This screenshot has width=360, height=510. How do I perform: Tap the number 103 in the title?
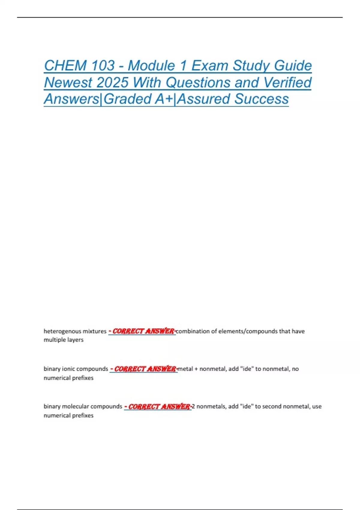coord(103,66)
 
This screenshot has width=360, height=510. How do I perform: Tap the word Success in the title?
coord(262,99)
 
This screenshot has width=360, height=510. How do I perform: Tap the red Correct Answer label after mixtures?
coord(142,331)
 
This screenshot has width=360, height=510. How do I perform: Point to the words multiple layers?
coord(64,340)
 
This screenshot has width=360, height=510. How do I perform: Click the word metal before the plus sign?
coord(186,369)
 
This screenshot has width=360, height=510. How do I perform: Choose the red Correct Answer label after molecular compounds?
coord(158,406)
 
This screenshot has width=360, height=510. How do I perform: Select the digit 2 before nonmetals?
coord(193,406)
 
